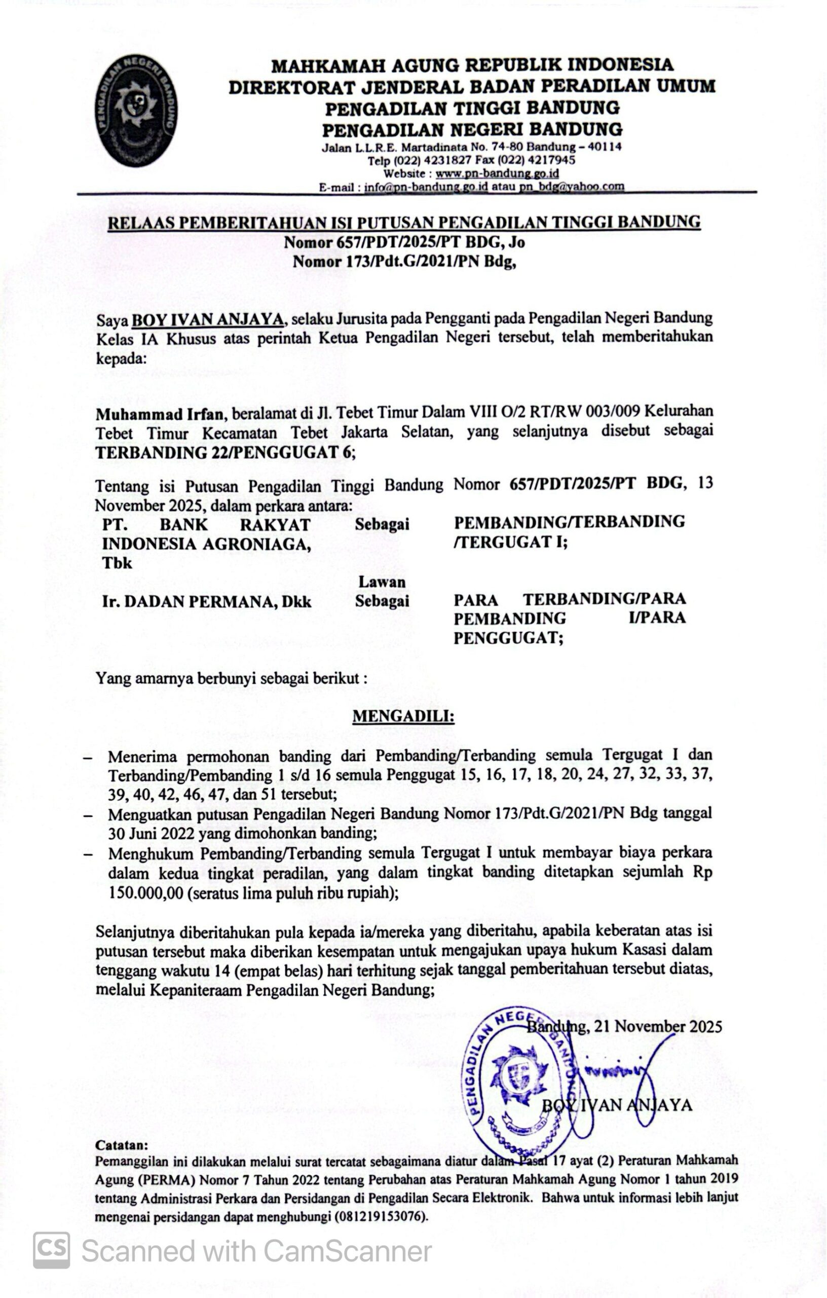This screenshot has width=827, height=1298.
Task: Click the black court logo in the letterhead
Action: (x=137, y=110)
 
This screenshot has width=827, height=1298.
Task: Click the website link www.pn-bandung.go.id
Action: (x=497, y=174)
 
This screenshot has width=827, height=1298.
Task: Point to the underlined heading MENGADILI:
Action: (x=403, y=716)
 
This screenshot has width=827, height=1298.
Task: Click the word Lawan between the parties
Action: (x=382, y=582)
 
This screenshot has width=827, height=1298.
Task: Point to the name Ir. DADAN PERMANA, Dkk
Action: (x=206, y=601)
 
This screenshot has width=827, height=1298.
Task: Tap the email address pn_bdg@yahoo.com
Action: (x=572, y=187)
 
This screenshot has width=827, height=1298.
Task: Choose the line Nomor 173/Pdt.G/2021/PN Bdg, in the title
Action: (x=404, y=262)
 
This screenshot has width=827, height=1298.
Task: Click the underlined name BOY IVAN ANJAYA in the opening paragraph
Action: (x=208, y=319)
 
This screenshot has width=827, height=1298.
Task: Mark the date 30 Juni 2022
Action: (x=151, y=834)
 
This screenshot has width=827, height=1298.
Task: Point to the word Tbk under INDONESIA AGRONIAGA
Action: (x=117, y=563)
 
